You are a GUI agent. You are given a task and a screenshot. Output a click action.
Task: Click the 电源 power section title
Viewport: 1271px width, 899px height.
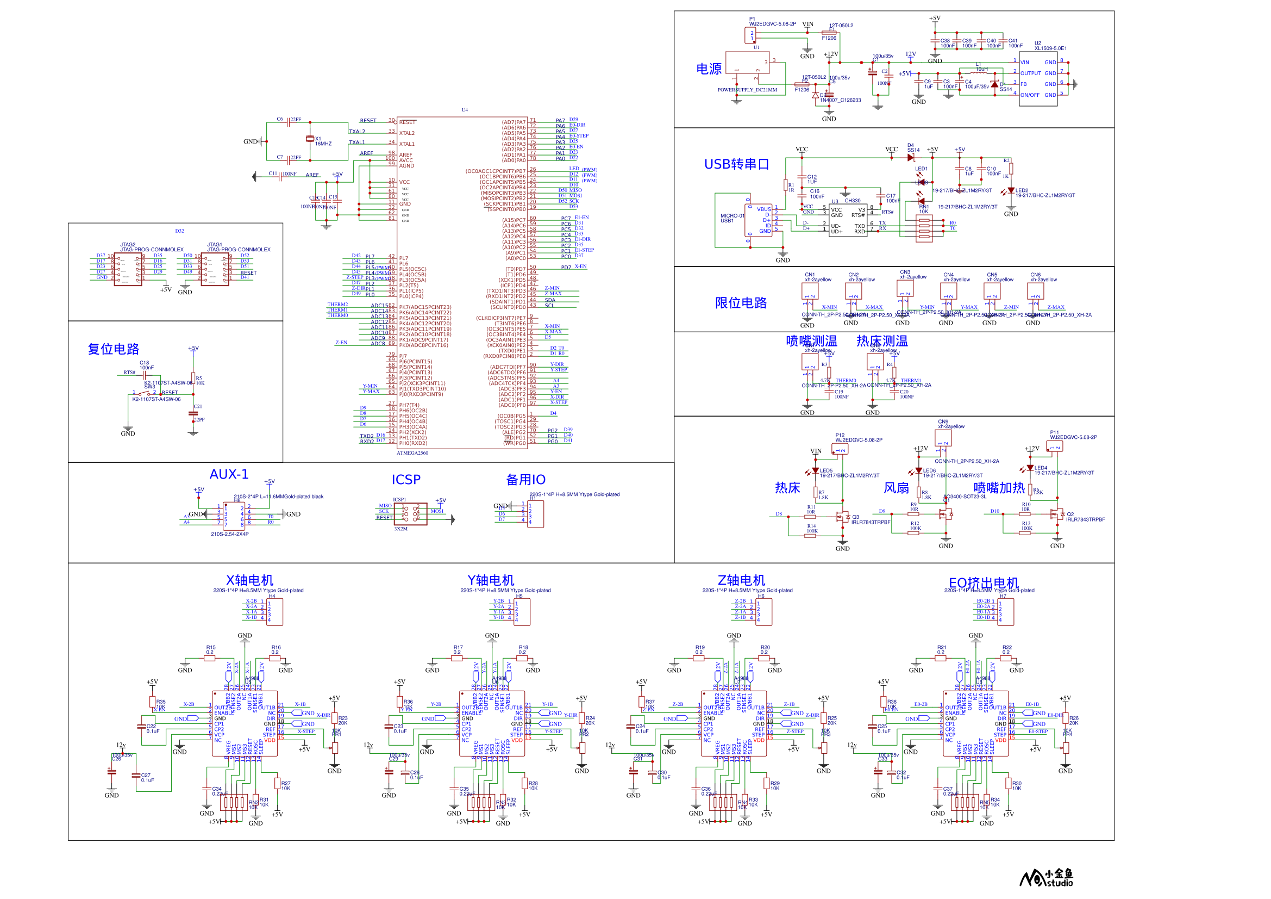(x=709, y=69)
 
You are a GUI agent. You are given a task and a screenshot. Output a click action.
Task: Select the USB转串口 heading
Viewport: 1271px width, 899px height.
(x=736, y=164)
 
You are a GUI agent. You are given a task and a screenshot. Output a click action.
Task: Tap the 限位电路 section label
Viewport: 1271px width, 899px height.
(x=741, y=303)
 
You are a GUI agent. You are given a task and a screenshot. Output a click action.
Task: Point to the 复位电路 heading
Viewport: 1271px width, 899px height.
(x=114, y=349)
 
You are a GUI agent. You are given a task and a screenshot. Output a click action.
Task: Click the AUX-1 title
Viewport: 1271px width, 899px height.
(x=229, y=474)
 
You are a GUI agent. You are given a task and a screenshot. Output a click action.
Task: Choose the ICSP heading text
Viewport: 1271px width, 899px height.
(x=406, y=480)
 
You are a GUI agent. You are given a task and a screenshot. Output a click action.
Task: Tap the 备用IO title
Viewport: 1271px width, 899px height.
(x=525, y=480)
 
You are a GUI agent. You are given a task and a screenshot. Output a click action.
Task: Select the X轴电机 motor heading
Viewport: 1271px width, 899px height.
(x=249, y=580)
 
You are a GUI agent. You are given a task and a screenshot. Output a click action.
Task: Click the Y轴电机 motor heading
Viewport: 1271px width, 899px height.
(x=491, y=580)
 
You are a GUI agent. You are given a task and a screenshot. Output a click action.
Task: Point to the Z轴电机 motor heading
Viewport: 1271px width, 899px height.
(x=741, y=580)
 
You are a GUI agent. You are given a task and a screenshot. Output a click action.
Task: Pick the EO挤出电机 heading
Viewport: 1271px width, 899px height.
(x=984, y=582)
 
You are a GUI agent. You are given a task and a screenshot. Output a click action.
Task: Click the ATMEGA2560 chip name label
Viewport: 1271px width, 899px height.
(x=412, y=453)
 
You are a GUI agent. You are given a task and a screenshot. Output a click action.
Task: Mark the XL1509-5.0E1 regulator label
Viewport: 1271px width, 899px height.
(x=1051, y=48)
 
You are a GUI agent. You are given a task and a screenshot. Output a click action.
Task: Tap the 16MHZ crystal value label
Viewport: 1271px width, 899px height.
(x=323, y=144)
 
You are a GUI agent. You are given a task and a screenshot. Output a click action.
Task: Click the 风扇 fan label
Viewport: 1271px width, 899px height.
(x=896, y=488)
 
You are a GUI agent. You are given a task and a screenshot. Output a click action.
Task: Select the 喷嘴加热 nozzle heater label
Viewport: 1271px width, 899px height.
(x=999, y=488)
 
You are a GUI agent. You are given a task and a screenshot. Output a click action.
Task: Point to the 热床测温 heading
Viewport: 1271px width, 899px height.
(x=882, y=341)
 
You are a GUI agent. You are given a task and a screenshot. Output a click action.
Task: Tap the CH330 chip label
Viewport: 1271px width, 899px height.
(x=853, y=201)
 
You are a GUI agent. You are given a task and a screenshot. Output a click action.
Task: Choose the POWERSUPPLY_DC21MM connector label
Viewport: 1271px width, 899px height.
(x=747, y=90)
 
